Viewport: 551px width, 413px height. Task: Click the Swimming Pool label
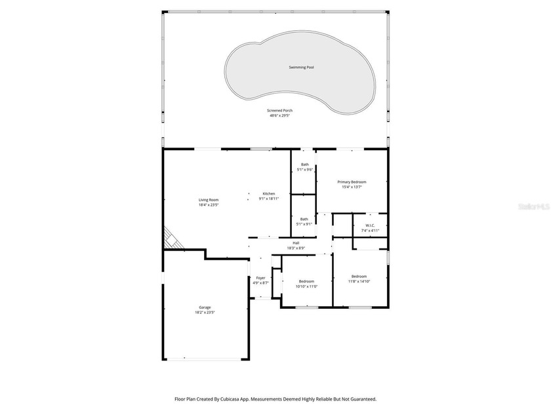point(301,68)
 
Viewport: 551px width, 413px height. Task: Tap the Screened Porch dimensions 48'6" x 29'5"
point(279,116)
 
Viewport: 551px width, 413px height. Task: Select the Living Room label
point(209,200)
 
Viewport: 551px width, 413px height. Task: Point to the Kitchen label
point(269,194)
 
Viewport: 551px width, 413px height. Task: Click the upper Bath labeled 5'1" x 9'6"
point(304,165)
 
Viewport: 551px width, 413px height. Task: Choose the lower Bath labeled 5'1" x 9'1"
point(304,219)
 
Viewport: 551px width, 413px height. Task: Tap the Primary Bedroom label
point(352,182)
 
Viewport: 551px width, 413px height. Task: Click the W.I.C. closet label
point(370,226)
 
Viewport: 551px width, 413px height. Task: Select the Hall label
point(296,243)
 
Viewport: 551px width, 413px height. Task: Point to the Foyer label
point(260,278)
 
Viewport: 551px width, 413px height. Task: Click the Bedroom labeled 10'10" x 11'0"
point(306,281)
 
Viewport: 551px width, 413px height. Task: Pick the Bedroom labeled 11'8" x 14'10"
point(359,276)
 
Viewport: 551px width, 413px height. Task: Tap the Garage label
point(205,307)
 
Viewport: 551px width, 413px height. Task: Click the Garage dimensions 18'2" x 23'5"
point(205,313)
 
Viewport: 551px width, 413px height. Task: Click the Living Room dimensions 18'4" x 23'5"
point(209,205)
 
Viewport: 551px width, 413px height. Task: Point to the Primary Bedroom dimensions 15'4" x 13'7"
point(352,187)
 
